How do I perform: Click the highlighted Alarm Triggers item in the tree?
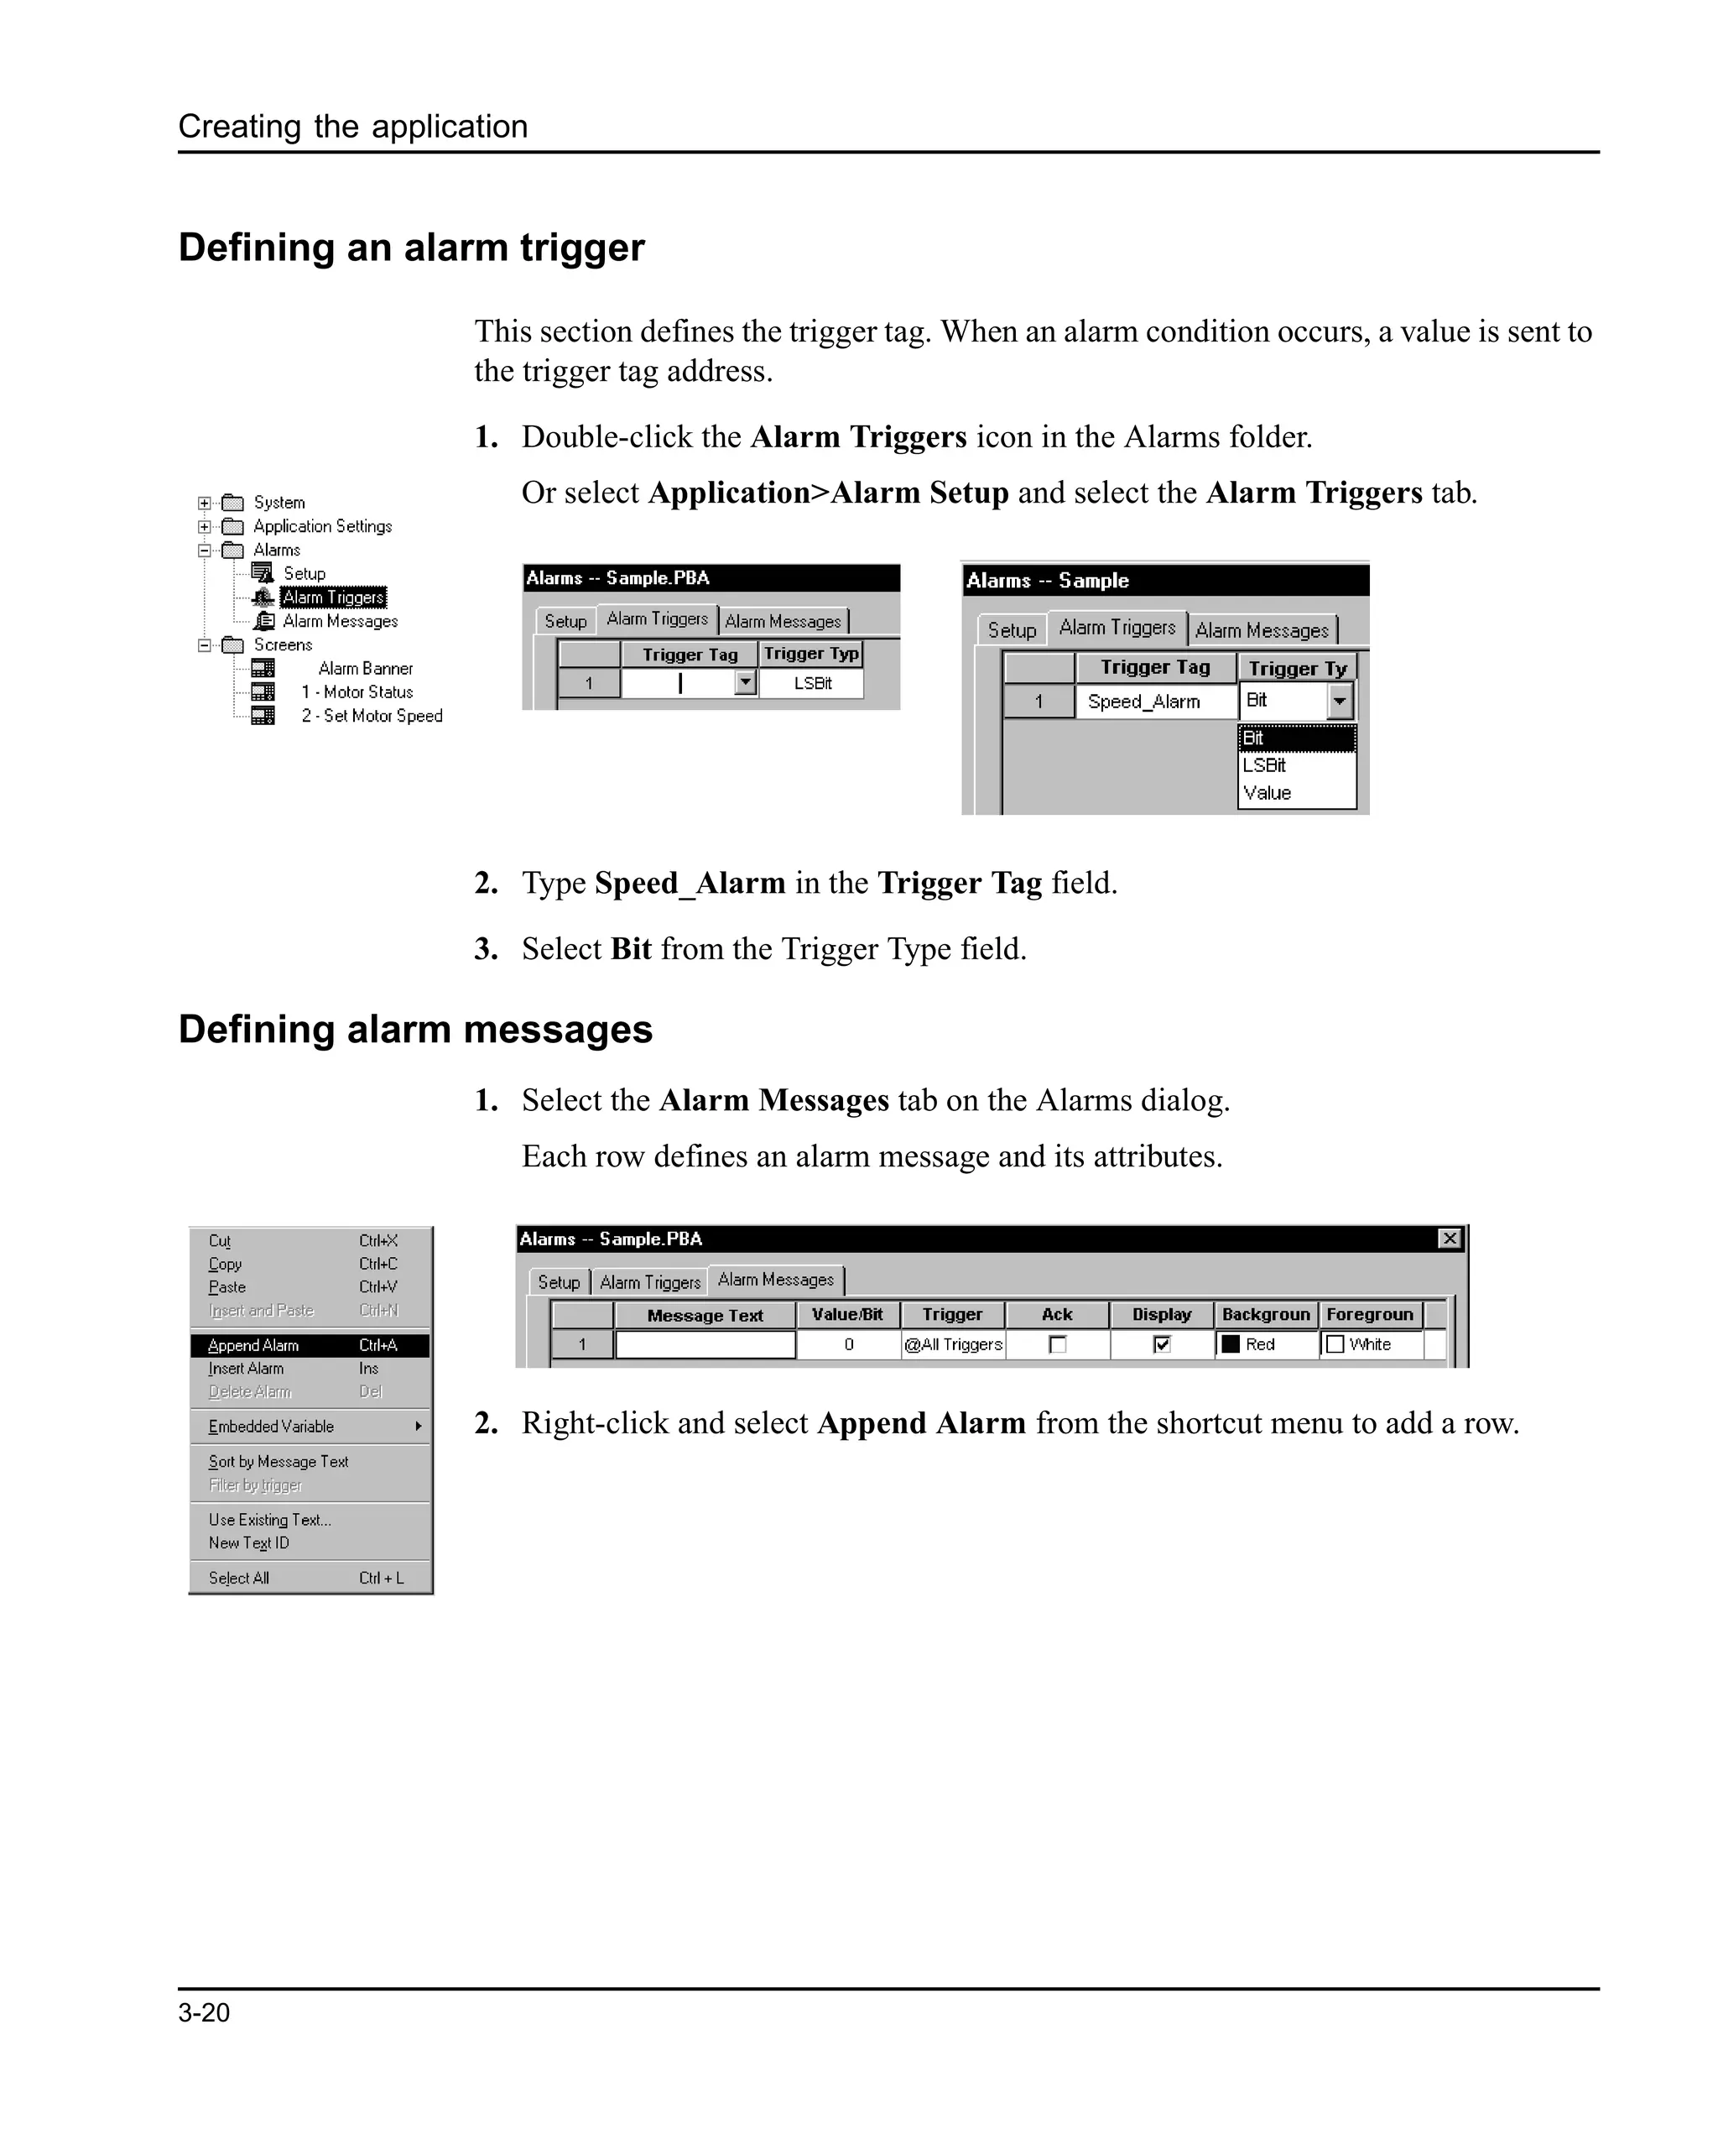click(x=332, y=597)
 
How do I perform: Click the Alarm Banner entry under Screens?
click(x=365, y=668)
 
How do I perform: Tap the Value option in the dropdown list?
click(x=1267, y=793)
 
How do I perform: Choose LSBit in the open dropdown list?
click(x=1264, y=765)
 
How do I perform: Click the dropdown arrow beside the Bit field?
click(x=1339, y=701)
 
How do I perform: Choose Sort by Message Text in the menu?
click(x=279, y=1461)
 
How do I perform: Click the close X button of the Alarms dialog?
click(x=1449, y=1239)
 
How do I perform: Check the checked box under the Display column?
click(x=1162, y=1344)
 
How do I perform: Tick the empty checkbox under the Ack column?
click(x=1058, y=1344)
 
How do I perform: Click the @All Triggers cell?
click(x=953, y=1344)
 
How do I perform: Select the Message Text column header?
click(x=705, y=1316)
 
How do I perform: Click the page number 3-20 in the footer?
click(x=204, y=2012)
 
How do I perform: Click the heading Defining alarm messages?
click(x=415, y=1030)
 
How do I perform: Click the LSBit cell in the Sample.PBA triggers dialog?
click(x=813, y=683)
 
